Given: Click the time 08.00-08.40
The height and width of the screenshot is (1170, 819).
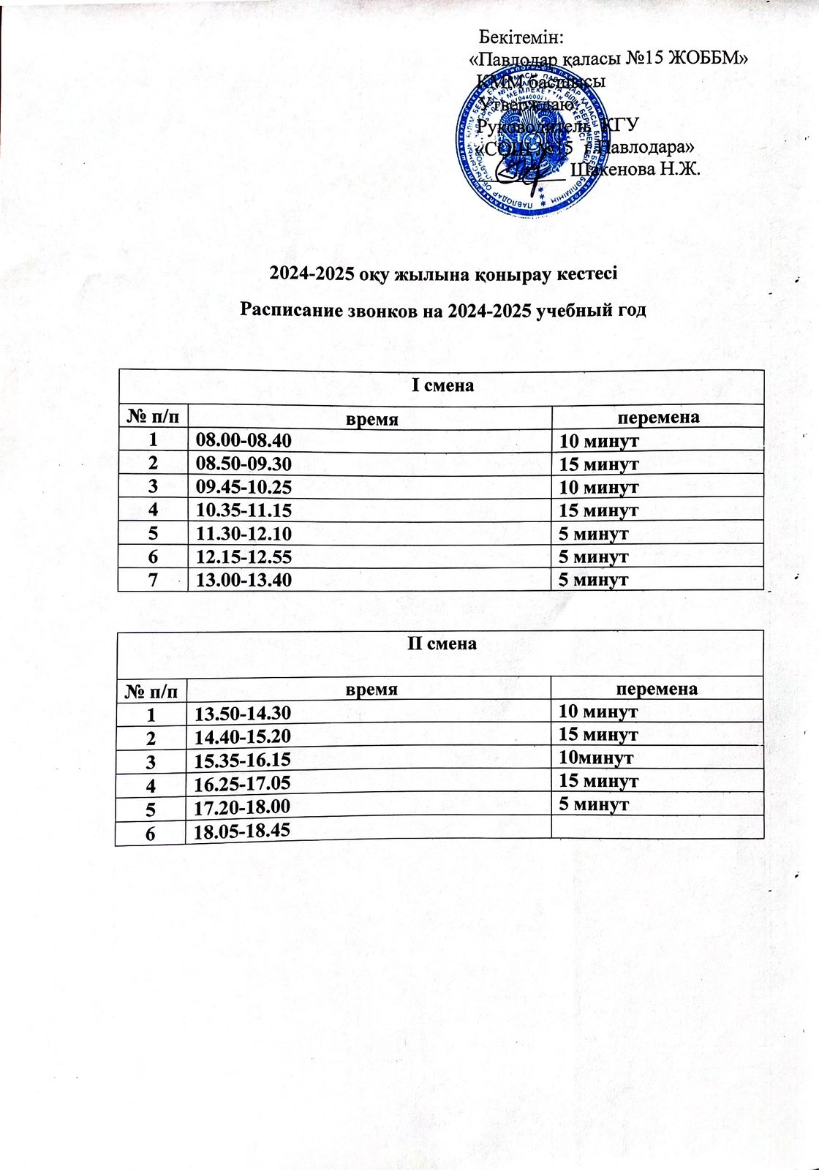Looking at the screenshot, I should click(x=244, y=440).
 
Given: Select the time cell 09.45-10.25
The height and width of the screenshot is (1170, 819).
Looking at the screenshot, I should click(x=244, y=487).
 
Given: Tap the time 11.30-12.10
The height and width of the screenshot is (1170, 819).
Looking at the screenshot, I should click(x=244, y=534).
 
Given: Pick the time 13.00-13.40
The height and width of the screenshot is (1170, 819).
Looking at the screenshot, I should click(x=244, y=581).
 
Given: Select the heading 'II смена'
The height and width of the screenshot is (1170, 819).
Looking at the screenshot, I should click(x=442, y=644).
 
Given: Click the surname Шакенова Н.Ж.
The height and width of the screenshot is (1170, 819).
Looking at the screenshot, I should click(x=635, y=170).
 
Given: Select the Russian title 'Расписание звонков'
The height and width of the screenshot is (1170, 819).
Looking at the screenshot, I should click(x=444, y=310).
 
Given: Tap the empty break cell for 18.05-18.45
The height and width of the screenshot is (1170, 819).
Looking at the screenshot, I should click(x=657, y=827).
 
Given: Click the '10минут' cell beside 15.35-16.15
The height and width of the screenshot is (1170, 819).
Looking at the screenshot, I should click(x=596, y=758).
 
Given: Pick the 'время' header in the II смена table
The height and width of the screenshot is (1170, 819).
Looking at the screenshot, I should click(x=371, y=689).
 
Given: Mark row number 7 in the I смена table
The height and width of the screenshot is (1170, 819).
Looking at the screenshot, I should click(x=153, y=581).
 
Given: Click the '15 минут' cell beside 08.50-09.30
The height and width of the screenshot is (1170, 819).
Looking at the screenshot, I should click(x=599, y=464).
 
